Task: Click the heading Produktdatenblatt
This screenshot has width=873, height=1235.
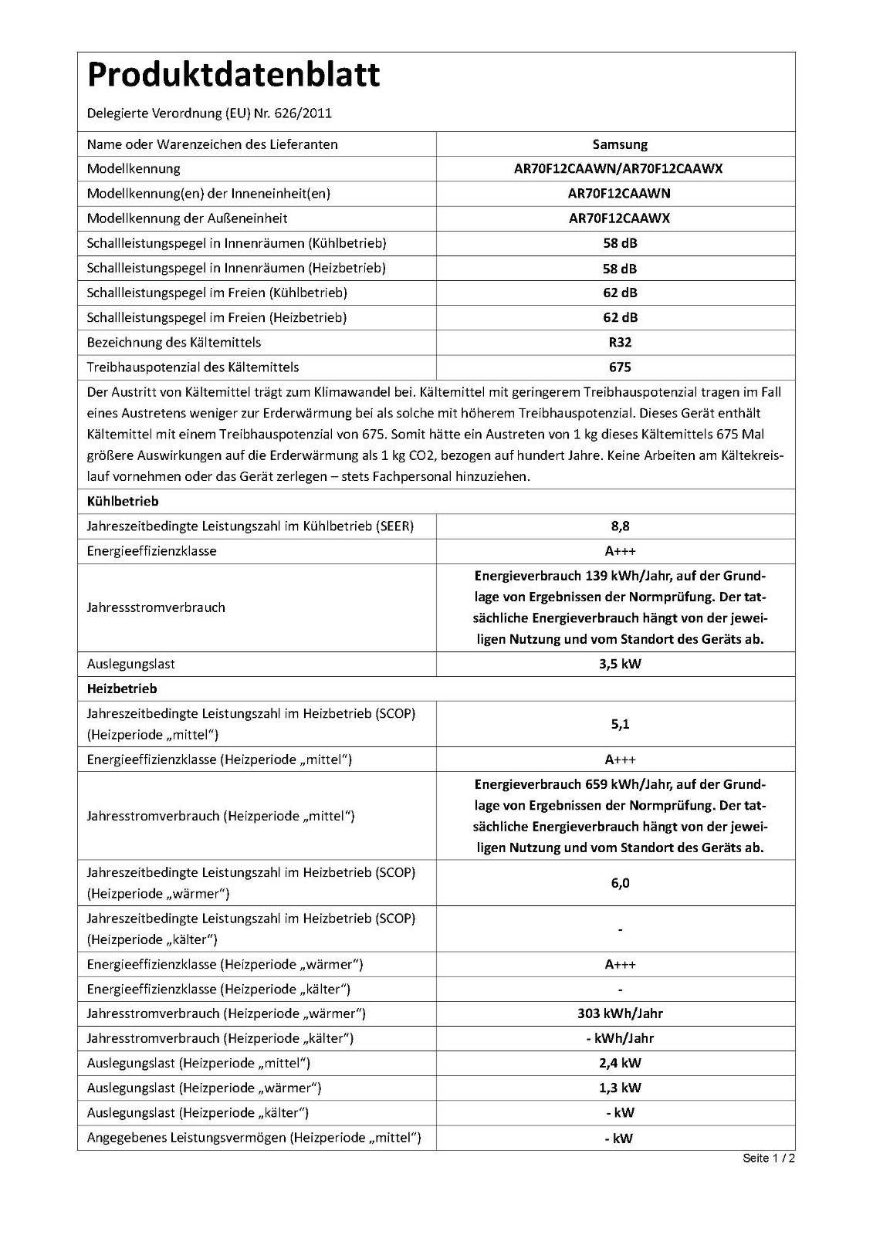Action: (x=233, y=76)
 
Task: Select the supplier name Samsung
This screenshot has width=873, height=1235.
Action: (x=620, y=144)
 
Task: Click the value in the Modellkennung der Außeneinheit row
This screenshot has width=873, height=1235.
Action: (x=619, y=218)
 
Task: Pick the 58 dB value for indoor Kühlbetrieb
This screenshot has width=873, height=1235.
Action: (x=620, y=243)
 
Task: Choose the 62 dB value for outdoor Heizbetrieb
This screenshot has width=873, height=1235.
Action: (x=620, y=317)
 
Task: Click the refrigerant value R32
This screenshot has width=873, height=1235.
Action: (x=620, y=342)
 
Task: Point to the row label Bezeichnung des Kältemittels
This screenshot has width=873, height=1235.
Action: (x=174, y=342)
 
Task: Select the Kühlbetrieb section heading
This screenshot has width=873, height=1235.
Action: (x=123, y=501)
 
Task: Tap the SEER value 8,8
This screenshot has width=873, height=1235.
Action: (x=620, y=526)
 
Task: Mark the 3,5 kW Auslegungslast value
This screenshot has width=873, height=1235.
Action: (x=620, y=664)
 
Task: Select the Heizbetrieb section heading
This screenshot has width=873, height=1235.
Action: (x=122, y=689)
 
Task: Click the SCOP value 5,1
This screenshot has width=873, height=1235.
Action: (x=620, y=724)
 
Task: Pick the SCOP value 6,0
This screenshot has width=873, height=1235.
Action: (x=620, y=883)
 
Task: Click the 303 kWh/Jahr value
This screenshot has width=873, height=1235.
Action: (x=620, y=1013)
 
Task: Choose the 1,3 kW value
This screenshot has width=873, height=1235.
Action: (x=620, y=1088)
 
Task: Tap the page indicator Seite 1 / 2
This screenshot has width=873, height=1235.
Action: (x=769, y=1158)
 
